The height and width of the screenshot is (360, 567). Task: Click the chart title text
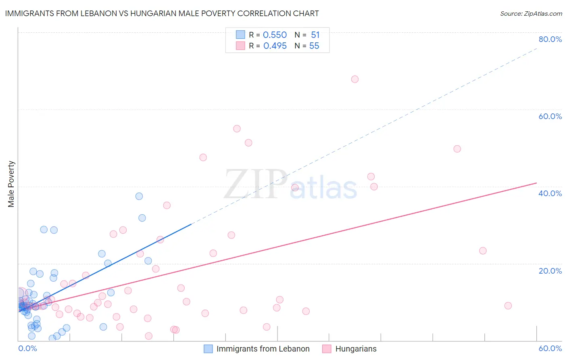(162, 14)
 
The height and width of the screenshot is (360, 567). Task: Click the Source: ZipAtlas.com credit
(531, 14)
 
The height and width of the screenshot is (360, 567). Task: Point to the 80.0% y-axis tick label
(550, 39)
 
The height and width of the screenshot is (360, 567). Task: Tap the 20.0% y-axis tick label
(550, 271)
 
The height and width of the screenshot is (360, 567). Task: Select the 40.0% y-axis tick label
(550, 193)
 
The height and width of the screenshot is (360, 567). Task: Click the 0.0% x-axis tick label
(27, 348)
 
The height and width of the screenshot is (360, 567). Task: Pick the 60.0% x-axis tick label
(550, 348)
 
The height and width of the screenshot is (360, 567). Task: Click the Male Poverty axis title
(11, 184)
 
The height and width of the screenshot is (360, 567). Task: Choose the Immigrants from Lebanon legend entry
(263, 349)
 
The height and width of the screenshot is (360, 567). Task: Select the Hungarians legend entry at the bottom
(356, 349)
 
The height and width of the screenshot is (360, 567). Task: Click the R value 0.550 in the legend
(275, 35)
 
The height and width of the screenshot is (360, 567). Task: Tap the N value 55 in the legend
(314, 46)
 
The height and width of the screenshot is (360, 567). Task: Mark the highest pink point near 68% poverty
(355, 79)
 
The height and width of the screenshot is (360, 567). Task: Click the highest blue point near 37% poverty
(139, 196)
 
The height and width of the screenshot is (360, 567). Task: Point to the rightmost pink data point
(508, 306)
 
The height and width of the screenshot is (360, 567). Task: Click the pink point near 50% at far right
(457, 149)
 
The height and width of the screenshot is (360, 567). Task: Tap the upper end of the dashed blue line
(537, 48)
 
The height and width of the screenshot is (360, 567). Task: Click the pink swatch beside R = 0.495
(241, 46)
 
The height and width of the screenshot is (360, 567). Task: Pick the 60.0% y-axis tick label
(550, 116)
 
